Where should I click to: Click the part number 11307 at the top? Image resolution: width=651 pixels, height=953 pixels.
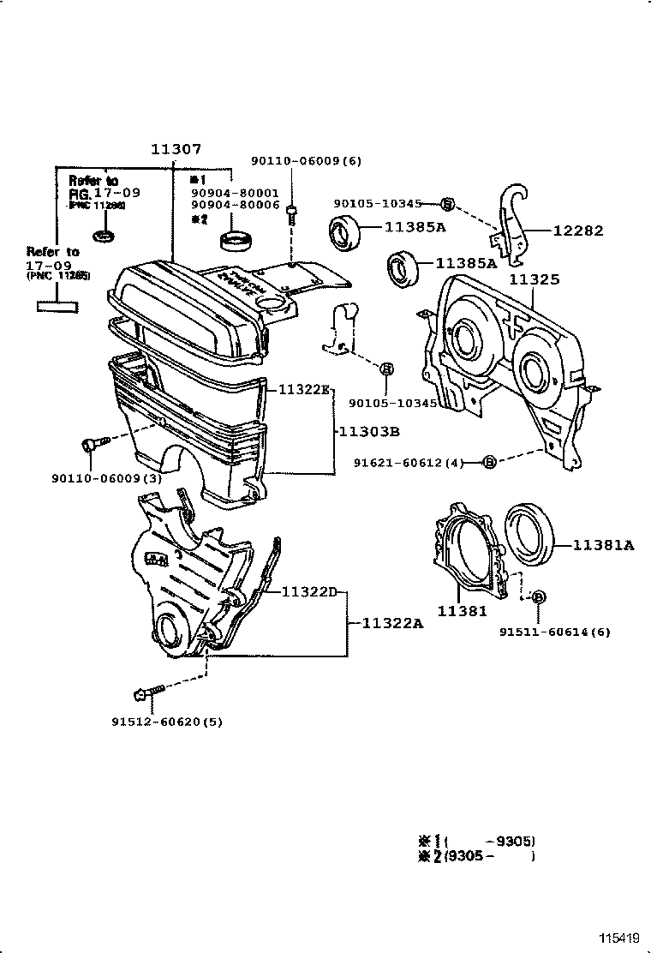pos(176,149)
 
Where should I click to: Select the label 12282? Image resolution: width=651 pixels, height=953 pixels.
pos(577,231)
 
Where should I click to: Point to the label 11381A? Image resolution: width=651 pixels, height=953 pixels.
pos(603,545)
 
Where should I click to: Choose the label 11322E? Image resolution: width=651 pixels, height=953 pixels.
pos(303,389)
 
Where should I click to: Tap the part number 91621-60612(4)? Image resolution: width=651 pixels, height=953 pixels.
pos(409,463)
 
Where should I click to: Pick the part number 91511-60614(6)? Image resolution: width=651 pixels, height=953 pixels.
pos(555,632)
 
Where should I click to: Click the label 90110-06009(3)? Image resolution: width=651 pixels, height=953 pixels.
pos(106,477)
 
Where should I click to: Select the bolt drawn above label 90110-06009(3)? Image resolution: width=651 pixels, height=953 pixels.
pos(93,443)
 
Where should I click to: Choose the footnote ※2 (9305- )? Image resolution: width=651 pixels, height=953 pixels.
pos(475,855)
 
